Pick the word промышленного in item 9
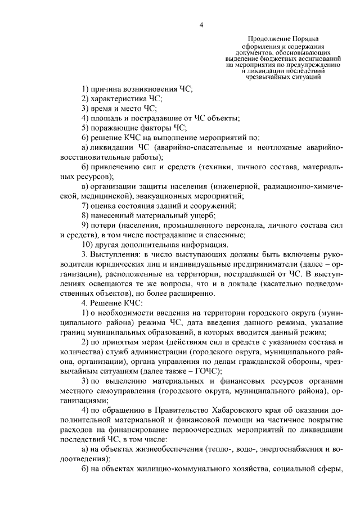[x=193, y=225]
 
